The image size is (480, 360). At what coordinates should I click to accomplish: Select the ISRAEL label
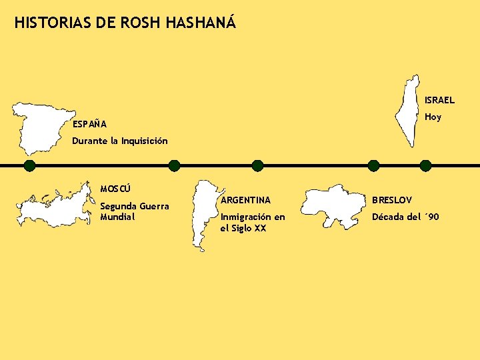[440, 101]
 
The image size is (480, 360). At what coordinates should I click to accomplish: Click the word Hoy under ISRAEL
[433, 117]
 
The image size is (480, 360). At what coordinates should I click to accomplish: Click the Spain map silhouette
[41, 127]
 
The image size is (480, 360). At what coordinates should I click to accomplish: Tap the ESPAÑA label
[89, 125]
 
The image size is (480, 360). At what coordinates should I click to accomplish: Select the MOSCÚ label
[115, 189]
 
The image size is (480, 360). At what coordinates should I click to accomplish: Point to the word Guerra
[153, 206]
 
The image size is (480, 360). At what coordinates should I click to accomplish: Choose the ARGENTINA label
[245, 200]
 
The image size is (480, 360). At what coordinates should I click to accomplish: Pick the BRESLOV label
[392, 200]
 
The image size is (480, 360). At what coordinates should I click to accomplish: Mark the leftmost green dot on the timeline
[29, 166]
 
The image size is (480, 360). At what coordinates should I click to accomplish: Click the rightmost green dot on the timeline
[425, 166]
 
